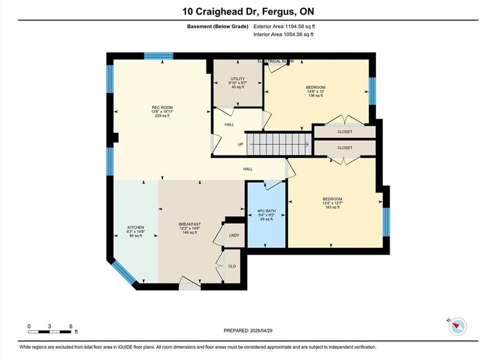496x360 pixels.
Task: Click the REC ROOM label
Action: (162, 107)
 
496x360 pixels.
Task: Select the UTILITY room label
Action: (238, 79)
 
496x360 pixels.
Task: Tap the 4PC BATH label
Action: (266, 211)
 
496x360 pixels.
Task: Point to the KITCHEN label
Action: (136, 227)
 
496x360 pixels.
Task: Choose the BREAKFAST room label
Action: (189, 224)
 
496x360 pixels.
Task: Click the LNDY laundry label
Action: (234, 235)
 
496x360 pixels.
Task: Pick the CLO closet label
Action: (232, 266)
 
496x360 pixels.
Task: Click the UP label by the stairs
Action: (240, 144)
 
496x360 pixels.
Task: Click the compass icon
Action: (458, 326)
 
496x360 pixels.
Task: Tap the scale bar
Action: (49, 332)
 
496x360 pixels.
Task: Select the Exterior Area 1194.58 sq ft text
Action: (284, 26)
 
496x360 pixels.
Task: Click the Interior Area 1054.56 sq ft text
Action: (283, 34)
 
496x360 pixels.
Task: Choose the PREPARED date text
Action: (248, 330)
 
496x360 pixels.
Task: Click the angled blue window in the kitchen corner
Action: (124, 272)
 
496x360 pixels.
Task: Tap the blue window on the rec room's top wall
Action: (158, 56)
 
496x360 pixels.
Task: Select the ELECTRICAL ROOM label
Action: (276, 61)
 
